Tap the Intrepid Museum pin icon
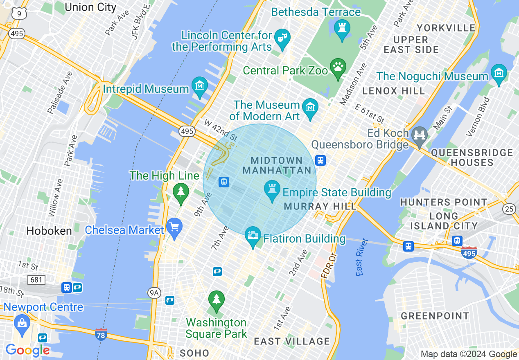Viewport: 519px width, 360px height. click(x=200, y=86)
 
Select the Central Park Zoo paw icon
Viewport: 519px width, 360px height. click(x=338, y=68)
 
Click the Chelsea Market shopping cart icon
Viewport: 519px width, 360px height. click(x=174, y=227)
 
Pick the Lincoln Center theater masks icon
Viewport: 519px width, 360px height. click(x=282, y=38)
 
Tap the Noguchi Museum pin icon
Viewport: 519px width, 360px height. click(x=499, y=74)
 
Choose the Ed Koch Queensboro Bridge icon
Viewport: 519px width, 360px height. click(x=420, y=135)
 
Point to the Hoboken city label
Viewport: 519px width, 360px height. click(x=49, y=231)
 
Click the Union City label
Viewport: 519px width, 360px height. click(x=90, y=7)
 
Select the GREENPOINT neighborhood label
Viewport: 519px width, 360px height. click(x=435, y=316)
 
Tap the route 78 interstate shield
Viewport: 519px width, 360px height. click(x=101, y=335)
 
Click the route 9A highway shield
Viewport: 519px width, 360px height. click(x=153, y=292)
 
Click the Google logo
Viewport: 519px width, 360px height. click(x=27, y=350)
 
